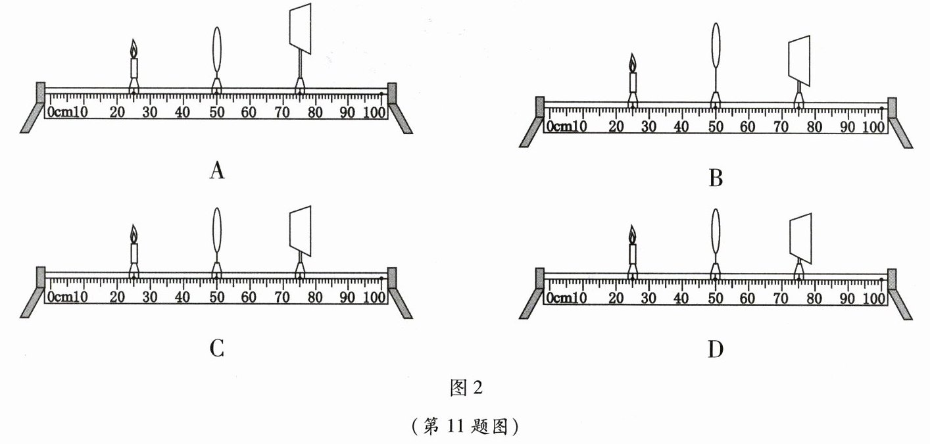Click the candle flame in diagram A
[134, 49]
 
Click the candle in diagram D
[633, 253]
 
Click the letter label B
[716, 178]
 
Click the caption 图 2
[466, 388]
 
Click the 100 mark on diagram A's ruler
[376, 112]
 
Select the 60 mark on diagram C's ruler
[249, 297]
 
